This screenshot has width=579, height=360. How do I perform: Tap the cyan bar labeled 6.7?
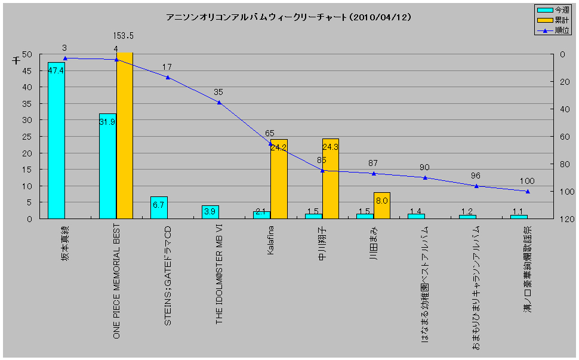(159, 208)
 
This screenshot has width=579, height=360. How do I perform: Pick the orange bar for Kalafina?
(279, 179)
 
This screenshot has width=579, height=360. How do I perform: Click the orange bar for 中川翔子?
(330, 179)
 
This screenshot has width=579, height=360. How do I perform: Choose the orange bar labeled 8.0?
(381, 205)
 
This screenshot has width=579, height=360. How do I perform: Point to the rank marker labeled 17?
(168, 78)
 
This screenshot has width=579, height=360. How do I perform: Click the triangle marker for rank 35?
(219, 103)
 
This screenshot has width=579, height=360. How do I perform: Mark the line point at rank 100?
(527, 192)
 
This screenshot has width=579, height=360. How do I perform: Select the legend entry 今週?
(553, 10)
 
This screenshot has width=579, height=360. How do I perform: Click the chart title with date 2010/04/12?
(288, 17)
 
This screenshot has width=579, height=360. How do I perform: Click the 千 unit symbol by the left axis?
(16, 59)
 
